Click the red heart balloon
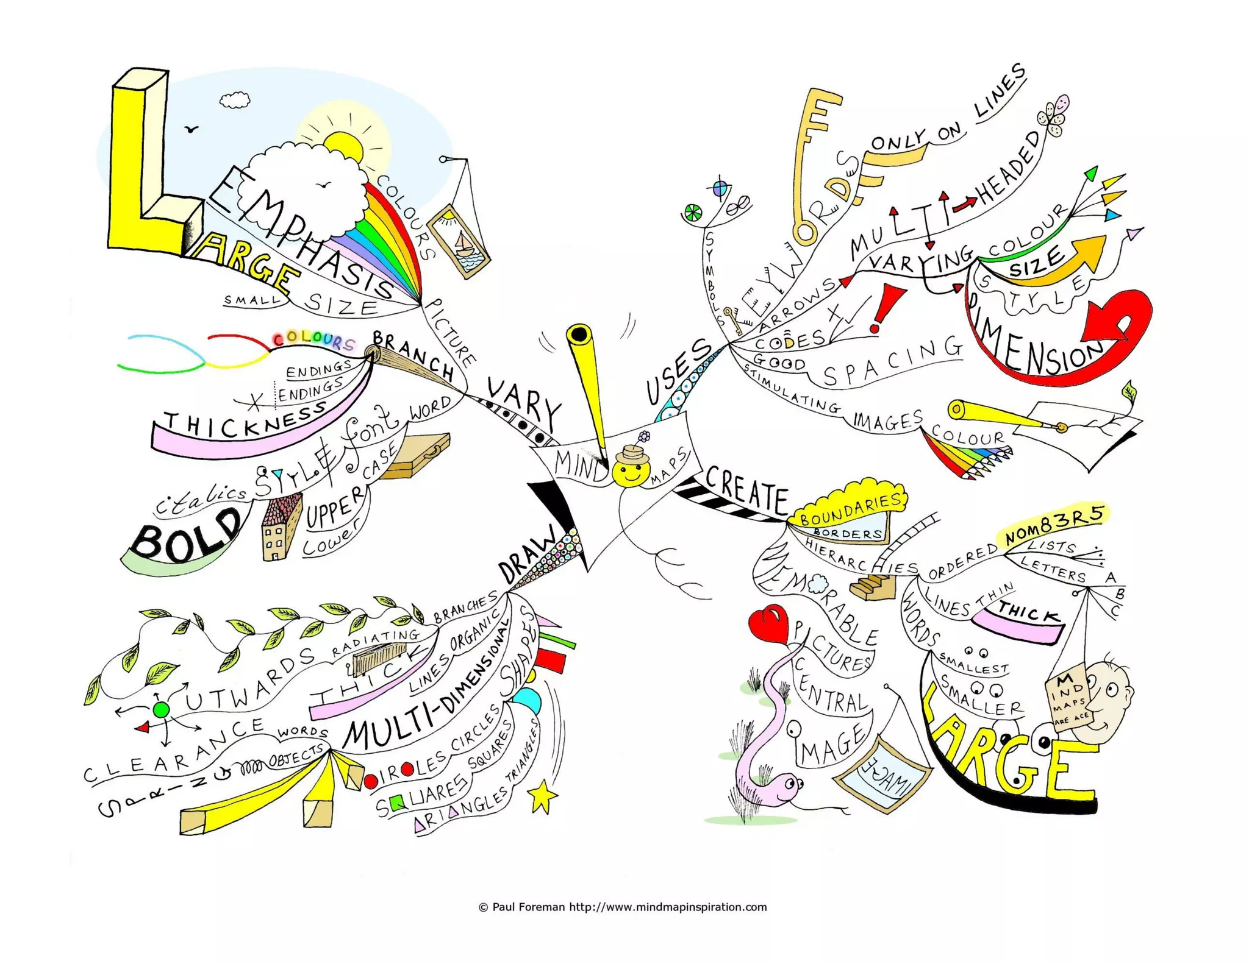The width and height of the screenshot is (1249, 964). [x=770, y=623]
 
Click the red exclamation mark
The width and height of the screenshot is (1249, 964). [x=884, y=308]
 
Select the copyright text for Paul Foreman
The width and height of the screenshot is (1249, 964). [x=623, y=907]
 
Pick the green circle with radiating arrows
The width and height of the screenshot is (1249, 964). [x=161, y=709]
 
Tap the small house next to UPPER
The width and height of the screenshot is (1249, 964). [x=281, y=527]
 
